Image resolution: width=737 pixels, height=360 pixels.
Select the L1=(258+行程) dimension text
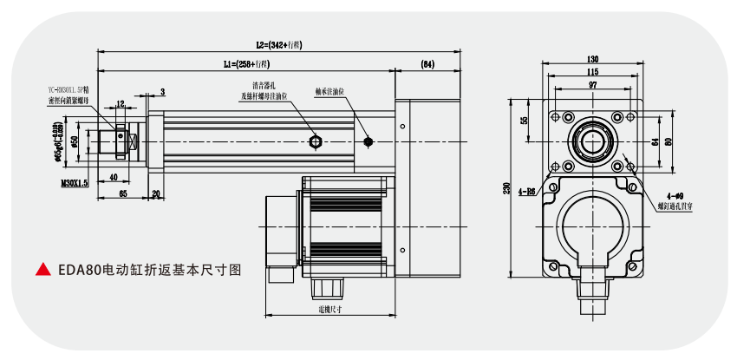[x=246, y=65]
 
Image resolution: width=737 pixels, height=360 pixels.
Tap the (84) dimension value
[x=427, y=65]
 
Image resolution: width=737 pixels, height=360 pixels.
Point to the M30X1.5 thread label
[x=75, y=183]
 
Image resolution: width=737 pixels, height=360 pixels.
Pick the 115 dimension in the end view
[x=592, y=72]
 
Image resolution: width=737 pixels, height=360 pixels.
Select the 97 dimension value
[x=592, y=86]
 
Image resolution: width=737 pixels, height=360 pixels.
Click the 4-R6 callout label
[x=526, y=190]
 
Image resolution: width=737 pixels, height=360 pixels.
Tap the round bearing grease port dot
[x=369, y=141]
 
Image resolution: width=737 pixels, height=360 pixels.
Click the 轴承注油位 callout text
[x=330, y=90]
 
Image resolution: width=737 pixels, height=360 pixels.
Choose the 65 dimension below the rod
[x=122, y=193]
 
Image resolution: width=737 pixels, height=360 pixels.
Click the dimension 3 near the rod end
[x=162, y=90]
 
